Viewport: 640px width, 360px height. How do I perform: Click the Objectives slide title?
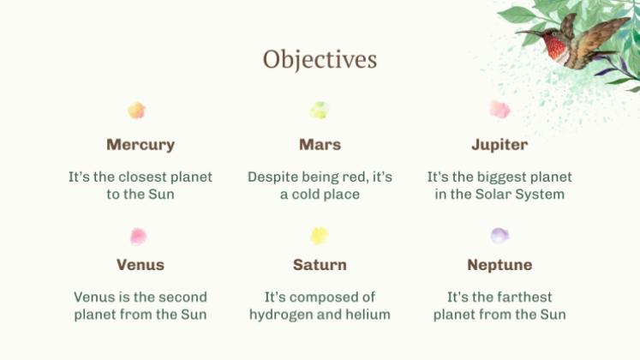(x=320, y=60)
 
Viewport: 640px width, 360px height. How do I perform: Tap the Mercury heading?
(x=141, y=145)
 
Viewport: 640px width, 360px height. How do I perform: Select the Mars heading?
(x=320, y=145)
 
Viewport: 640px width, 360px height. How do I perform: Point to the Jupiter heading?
(x=499, y=145)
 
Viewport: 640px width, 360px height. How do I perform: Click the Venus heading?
(x=141, y=265)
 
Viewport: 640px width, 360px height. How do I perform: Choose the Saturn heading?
(x=320, y=265)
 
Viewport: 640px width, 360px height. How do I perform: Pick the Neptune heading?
(x=499, y=266)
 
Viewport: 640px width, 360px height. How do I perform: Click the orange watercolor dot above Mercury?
(x=137, y=111)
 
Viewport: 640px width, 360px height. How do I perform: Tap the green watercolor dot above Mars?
(x=320, y=111)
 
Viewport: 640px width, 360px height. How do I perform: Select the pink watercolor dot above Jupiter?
(x=500, y=110)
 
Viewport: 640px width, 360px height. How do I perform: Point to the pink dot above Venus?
(x=139, y=237)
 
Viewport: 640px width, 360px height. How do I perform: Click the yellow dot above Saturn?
(x=320, y=236)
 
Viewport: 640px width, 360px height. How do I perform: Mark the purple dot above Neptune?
(x=499, y=236)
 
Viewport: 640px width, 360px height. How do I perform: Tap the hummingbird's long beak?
(x=529, y=33)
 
